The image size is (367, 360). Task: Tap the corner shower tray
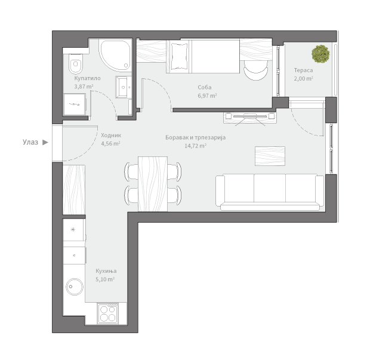tap(115, 55)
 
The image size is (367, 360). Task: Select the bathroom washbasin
tap(124, 87)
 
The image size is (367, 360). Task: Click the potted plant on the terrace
tap(320, 54)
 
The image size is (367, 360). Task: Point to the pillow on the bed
tap(180, 56)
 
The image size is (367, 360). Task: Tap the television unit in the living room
tap(250, 118)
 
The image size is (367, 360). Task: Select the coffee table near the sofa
tap(270, 156)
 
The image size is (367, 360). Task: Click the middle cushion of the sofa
tap(270, 188)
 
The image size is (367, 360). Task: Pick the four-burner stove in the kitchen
tap(108, 313)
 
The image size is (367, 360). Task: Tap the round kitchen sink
tap(75, 287)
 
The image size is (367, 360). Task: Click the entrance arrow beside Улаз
tap(45, 142)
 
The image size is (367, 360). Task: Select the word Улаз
tap(30, 142)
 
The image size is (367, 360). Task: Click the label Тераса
tap(303, 70)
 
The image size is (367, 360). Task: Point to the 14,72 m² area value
tap(196, 146)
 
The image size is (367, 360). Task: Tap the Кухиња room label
tap(106, 271)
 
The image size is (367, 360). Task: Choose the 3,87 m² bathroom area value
tap(84, 87)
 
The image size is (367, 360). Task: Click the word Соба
tap(205, 87)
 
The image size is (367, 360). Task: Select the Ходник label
tap(111, 136)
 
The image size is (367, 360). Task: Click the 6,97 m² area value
tap(207, 96)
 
